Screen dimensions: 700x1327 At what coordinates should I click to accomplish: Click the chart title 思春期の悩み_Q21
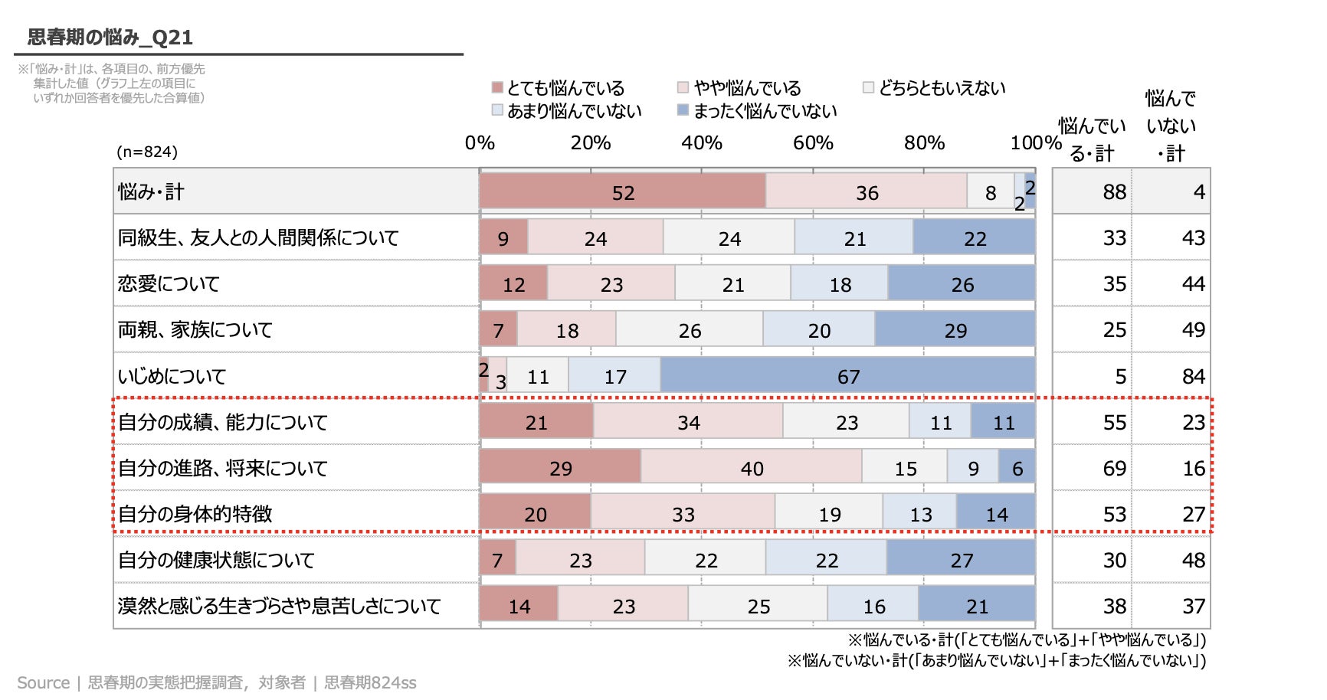click(x=110, y=37)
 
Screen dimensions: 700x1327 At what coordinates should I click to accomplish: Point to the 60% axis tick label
click(x=813, y=143)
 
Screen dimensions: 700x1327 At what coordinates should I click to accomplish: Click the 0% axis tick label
click(x=480, y=143)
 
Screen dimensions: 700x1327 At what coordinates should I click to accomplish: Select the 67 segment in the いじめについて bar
click(x=847, y=375)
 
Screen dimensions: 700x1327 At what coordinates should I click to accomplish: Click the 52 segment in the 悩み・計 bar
click(x=622, y=191)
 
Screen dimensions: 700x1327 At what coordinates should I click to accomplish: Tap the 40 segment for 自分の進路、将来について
click(x=751, y=467)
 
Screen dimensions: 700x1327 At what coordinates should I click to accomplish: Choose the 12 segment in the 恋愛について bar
click(x=513, y=284)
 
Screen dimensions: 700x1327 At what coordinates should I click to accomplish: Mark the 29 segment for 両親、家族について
click(x=955, y=330)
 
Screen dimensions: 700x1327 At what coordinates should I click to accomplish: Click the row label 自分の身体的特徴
click(x=195, y=514)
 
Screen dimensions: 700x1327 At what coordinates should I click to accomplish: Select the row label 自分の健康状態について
click(x=216, y=560)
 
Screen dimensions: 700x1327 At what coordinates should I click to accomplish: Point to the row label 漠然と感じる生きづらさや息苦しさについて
click(x=279, y=606)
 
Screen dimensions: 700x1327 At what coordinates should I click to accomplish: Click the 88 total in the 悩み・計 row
click(x=1114, y=191)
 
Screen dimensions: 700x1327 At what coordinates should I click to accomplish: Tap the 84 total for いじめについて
click(x=1193, y=376)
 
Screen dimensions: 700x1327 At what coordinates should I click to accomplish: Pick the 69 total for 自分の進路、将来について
click(x=1114, y=468)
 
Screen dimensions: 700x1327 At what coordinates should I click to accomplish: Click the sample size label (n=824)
click(x=147, y=152)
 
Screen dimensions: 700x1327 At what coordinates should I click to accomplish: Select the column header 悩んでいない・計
click(x=1171, y=126)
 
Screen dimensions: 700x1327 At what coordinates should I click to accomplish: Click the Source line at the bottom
click(x=217, y=682)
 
